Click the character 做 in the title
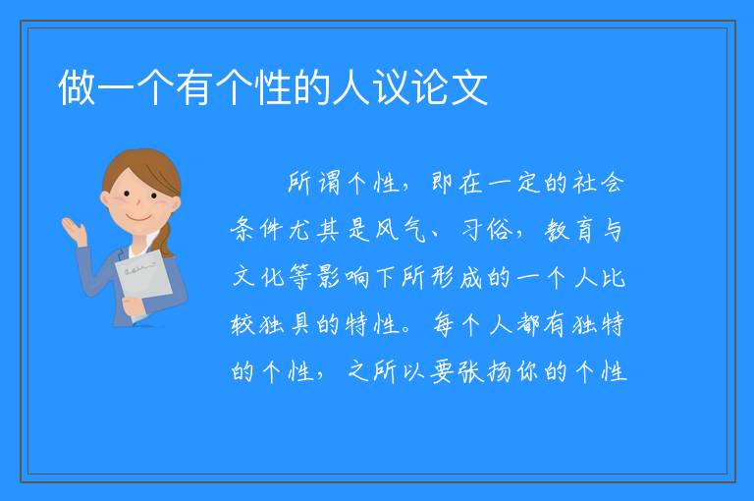(77, 87)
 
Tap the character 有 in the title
(194, 87)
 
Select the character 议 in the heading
(392, 87)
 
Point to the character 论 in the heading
(431, 87)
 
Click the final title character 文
(470, 87)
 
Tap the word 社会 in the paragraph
(598, 183)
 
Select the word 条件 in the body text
(257, 230)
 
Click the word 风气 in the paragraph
(401, 230)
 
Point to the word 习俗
(487, 230)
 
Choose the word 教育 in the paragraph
(569, 230)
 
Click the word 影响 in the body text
(344, 277)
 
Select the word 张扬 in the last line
(484, 371)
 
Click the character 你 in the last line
(527, 371)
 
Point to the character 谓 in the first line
(330, 183)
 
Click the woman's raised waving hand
(75, 231)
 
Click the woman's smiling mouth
(138, 218)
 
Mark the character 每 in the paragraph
(443, 324)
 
